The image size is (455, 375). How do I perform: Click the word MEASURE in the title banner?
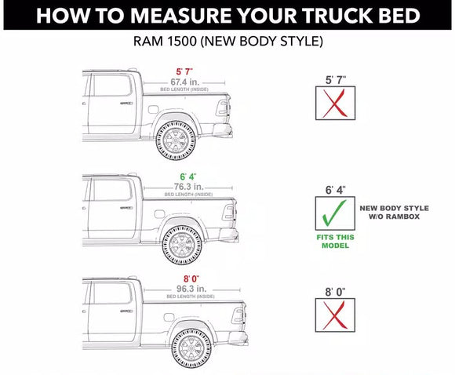(x=180, y=16)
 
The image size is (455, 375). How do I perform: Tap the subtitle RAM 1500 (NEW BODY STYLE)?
(x=228, y=42)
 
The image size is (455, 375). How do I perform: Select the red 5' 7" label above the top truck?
(x=184, y=71)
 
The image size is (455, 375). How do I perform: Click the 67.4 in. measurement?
(x=185, y=82)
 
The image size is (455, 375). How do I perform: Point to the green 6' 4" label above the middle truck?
(x=188, y=177)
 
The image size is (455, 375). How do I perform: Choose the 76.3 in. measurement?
(x=188, y=187)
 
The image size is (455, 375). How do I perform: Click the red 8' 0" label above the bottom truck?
(x=191, y=279)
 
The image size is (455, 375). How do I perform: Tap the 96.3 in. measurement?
(x=191, y=289)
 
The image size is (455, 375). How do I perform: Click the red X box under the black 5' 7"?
(x=335, y=103)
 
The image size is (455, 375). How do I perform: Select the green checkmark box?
(x=335, y=213)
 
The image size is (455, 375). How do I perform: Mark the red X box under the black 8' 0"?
(x=335, y=315)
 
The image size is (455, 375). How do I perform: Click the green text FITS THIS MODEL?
(x=335, y=242)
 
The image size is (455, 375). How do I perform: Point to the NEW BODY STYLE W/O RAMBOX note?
(x=394, y=213)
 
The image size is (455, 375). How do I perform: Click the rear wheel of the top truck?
(x=176, y=140)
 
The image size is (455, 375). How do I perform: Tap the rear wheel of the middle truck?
(x=182, y=245)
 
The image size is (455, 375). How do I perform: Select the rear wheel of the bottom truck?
(x=191, y=348)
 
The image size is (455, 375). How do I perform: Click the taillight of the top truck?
(x=223, y=108)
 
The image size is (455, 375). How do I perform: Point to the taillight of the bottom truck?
(x=238, y=315)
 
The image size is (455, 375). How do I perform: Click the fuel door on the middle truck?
(x=159, y=214)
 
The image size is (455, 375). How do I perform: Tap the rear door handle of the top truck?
(x=126, y=103)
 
